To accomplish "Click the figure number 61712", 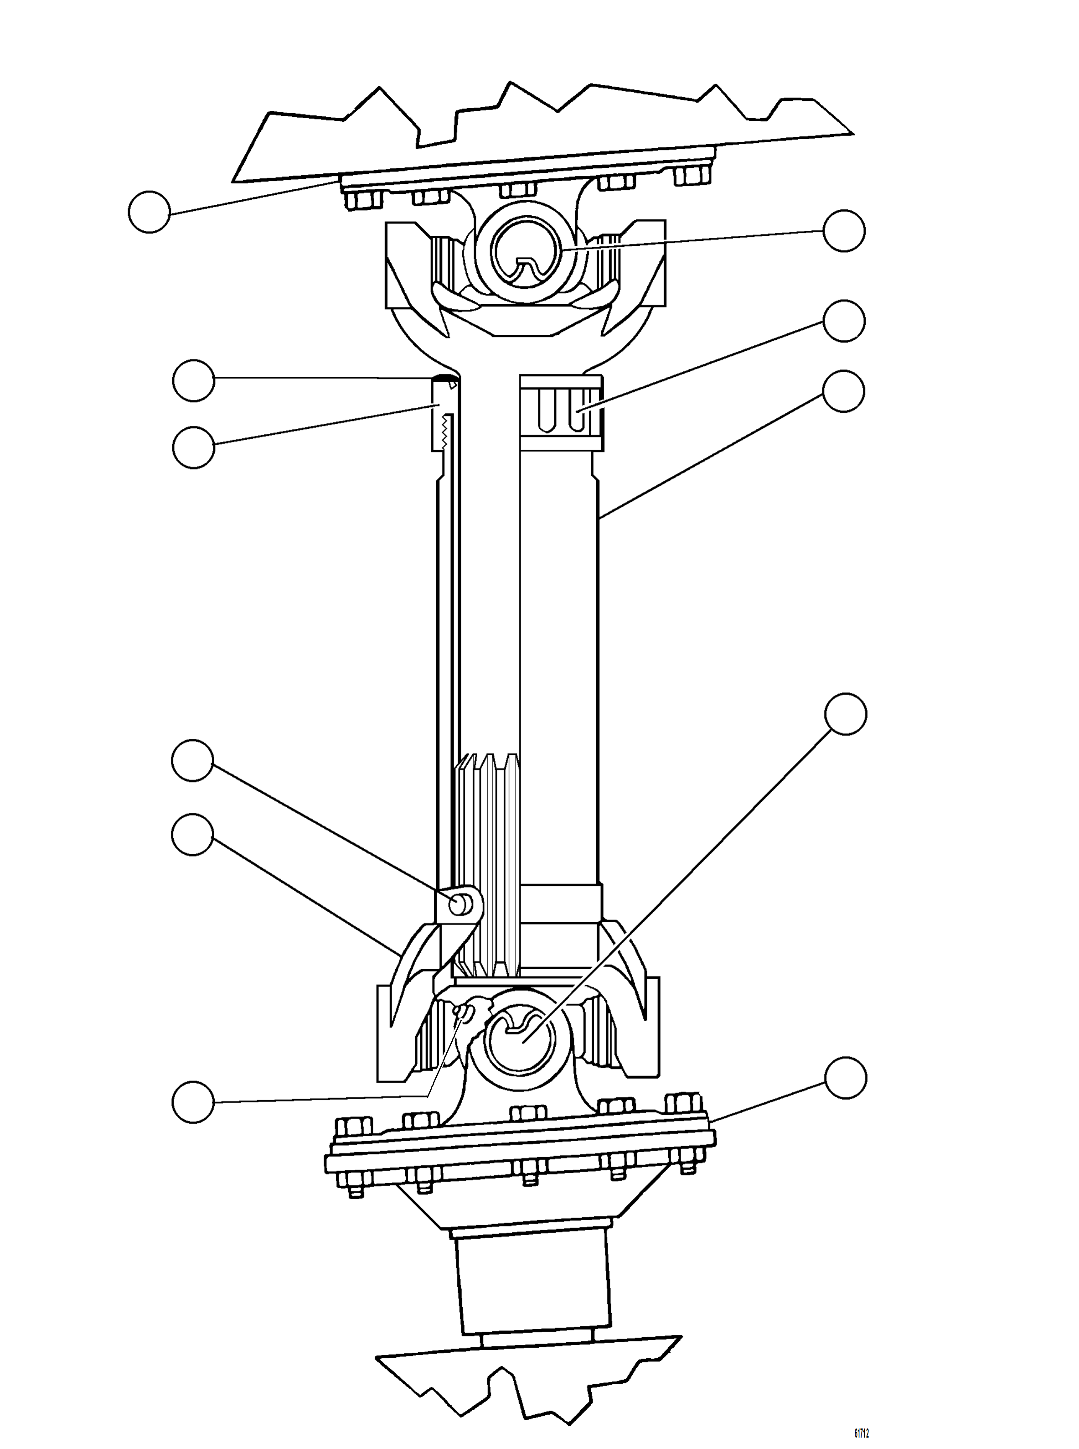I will (x=861, y=1416).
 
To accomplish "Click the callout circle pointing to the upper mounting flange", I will (x=150, y=212).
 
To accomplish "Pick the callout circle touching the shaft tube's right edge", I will (x=844, y=391).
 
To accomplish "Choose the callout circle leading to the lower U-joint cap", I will (x=846, y=714).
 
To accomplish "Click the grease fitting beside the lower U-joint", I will (x=462, y=1012).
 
